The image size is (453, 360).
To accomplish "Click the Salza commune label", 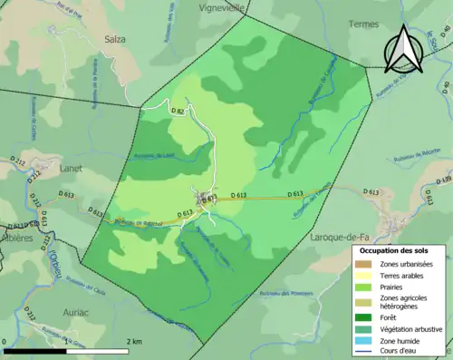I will click(x=114, y=39).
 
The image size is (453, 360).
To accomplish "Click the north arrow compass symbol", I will click(x=403, y=50).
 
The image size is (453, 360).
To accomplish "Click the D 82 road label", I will click(x=178, y=111).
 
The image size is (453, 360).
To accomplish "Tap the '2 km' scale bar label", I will click(x=133, y=342).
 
